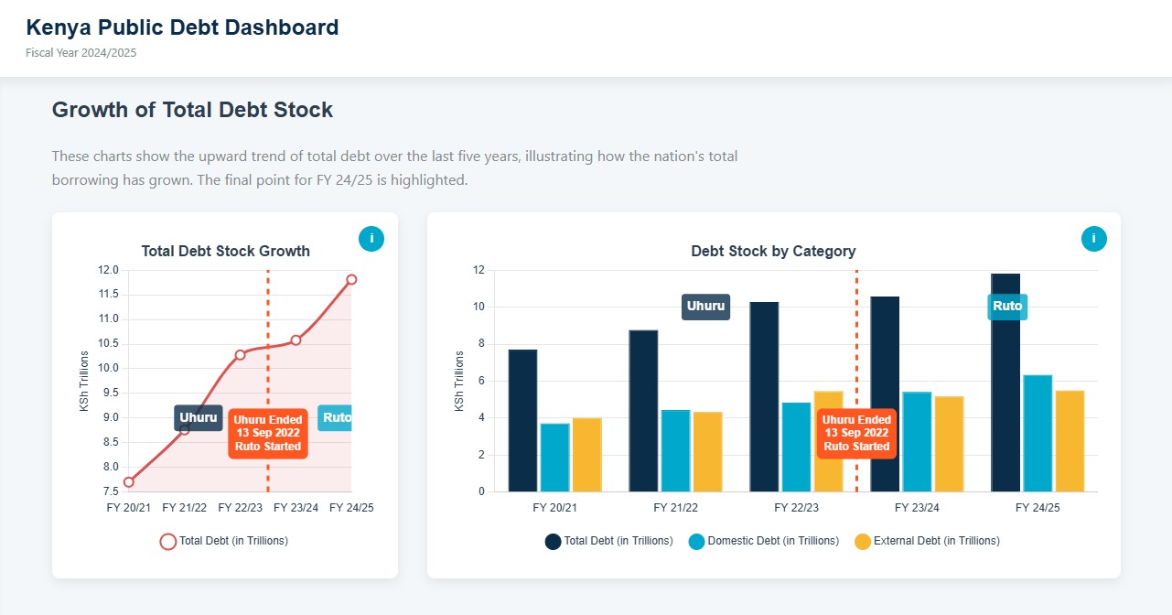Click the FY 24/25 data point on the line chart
click(351, 279)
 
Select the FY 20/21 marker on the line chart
click(129, 482)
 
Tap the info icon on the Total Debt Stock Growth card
click(371, 239)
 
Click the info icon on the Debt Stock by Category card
click(1093, 239)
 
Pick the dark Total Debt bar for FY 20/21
click(522, 421)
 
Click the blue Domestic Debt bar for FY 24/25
click(1038, 433)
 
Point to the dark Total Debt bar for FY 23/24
click(885, 394)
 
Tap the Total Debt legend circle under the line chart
click(168, 541)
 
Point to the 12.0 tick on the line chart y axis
click(108, 270)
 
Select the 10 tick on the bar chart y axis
click(478, 307)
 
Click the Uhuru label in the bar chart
click(705, 307)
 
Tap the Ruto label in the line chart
click(336, 418)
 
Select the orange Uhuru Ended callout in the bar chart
click(856, 433)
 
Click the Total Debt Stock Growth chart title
click(225, 251)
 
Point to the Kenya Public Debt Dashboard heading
click(182, 27)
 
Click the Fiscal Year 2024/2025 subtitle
click(81, 53)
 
